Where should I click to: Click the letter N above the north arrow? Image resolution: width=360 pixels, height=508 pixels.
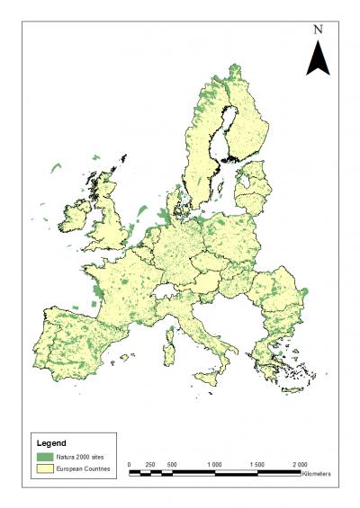(318, 29)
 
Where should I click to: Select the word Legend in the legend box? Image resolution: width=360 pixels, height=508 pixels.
(51, 443)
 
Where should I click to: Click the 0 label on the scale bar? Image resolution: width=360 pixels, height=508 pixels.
(130, 464)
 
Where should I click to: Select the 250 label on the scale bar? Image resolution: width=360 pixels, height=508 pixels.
(150, 464)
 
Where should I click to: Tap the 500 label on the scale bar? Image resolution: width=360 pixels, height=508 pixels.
(172, 464)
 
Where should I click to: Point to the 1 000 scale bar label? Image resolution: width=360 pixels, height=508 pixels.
(214, 464)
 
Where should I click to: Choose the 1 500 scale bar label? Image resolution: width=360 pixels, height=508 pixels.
(256, 464)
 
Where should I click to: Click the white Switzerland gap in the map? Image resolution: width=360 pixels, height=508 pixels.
(166, 291)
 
